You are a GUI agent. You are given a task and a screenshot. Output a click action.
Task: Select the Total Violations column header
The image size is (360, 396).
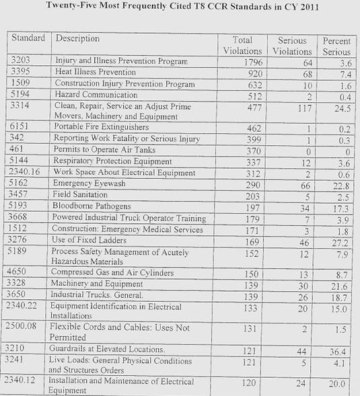click(x=242, y=45)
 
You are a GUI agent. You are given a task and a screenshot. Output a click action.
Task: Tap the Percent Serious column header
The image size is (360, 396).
click(x=336, y=45)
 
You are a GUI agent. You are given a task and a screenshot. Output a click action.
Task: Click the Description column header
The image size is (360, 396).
click(x=77, y=39)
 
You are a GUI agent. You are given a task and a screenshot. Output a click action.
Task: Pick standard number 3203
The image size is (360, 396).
click(x=24, y=62)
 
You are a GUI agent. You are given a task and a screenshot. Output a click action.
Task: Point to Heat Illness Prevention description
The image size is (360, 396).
click(x=95, y=73)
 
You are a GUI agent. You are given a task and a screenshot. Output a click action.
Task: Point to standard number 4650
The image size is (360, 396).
click(x=24, y=273)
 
